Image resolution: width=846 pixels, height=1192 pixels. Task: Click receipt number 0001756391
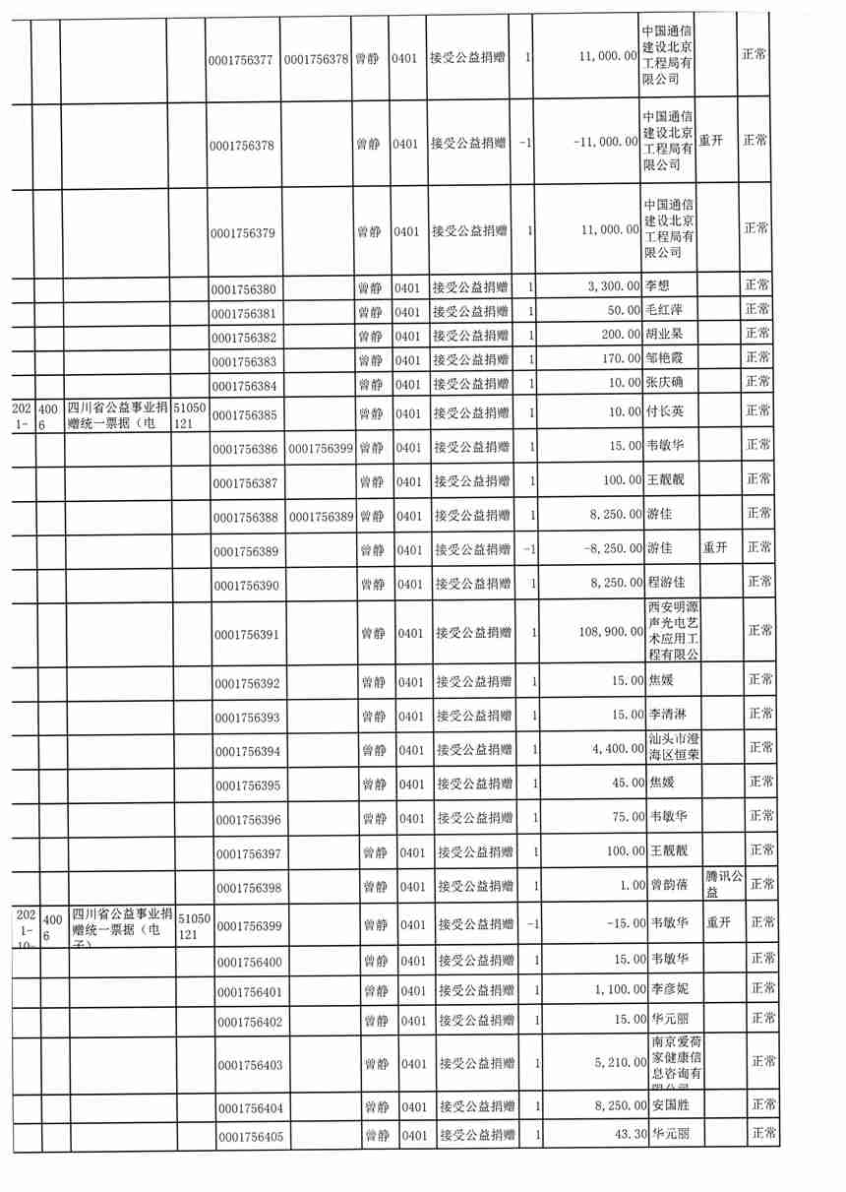[247, 635]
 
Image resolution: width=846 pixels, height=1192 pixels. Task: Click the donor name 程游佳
[668, 583]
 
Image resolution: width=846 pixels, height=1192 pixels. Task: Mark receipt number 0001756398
[248, 888]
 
